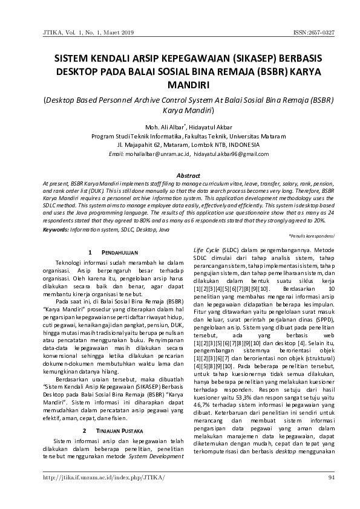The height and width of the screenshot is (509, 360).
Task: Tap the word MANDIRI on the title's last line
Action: (180, 85)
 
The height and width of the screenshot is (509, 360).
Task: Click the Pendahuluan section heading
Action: (120, 251)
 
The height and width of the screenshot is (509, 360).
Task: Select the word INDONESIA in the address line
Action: (236, 145)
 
